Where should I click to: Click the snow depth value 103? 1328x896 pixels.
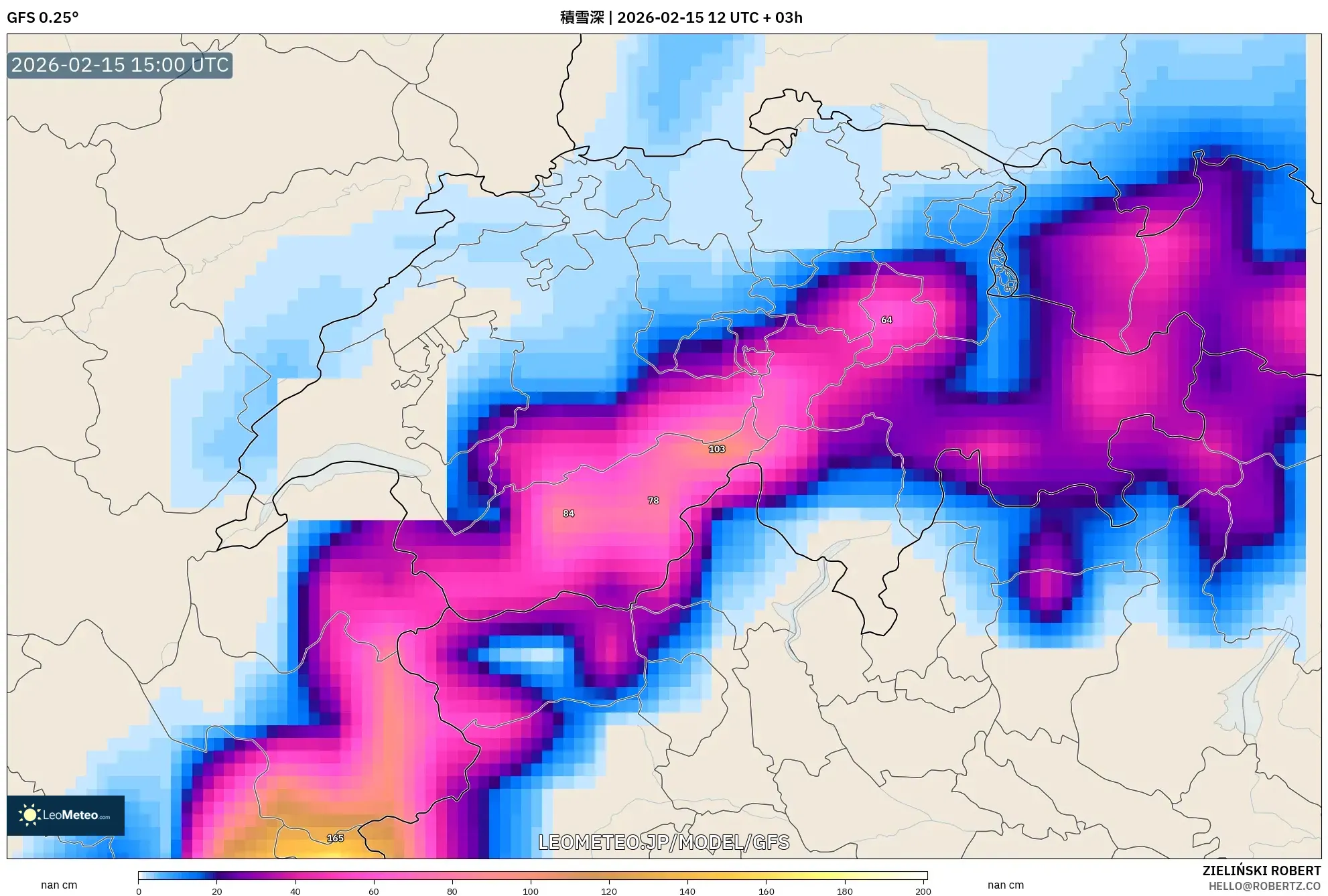716,449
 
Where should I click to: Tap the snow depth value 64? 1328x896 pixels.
886,320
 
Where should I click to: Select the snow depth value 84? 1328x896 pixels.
568,514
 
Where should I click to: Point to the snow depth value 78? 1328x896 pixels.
653,500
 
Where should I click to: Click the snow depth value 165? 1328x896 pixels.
335,838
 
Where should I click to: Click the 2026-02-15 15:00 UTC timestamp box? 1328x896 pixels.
120,66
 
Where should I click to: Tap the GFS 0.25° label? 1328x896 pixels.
42,17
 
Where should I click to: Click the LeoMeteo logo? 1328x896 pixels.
66,815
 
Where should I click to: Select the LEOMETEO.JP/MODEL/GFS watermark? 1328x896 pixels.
663,842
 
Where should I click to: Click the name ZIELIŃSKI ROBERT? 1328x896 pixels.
1261,871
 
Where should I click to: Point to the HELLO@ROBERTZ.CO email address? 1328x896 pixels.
1264,886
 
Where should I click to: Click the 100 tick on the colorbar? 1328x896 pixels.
530,891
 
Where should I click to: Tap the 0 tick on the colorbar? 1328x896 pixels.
139,891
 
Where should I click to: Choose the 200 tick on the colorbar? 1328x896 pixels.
923,891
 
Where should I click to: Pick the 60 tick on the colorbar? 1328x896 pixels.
373,891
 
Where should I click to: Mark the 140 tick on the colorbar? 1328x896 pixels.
687,891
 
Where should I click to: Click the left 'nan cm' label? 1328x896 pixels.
59,885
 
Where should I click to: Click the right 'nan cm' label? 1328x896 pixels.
1005,885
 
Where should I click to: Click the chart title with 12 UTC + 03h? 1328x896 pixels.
681,17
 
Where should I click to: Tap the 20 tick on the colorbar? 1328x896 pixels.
216,891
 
